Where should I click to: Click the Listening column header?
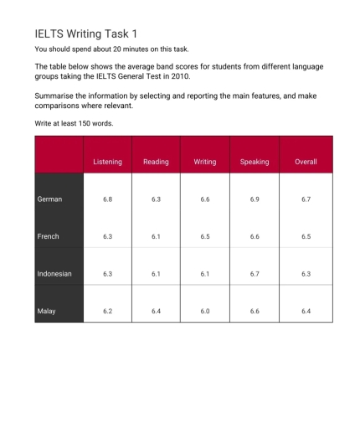(107, 162)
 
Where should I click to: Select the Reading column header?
(156, 162)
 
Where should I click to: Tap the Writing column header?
(204, 162)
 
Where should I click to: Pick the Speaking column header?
(254, 162)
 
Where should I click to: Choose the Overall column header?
(306, 162)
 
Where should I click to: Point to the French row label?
(49, 236)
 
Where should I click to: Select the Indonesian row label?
(54, 274)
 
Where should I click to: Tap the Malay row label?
(46, 311)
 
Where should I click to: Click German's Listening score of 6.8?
(107, 199)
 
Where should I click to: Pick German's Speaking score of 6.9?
(254, 199)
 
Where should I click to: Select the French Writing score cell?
(204, 236)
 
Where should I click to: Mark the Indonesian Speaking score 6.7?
(254, 274)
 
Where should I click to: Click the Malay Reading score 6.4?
(156, 311)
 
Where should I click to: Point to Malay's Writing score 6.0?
(204, 311)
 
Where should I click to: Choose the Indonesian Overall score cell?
(306, 274)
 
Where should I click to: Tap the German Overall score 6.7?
(306, 199)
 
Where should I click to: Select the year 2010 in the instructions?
(202, 76)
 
